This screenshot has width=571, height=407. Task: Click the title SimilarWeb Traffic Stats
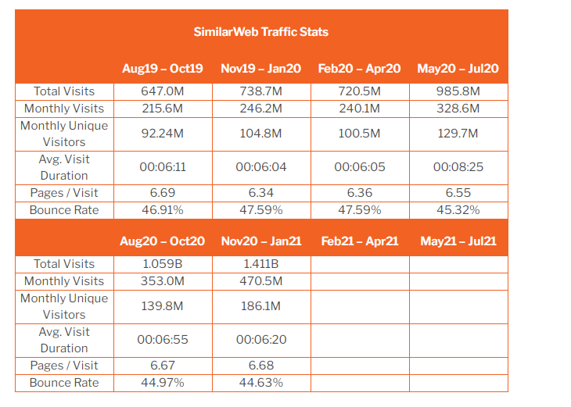tap(260, 32)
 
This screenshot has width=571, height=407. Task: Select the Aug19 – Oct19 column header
tap(162, 69)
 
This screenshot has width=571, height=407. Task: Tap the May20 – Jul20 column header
tap(458, 69)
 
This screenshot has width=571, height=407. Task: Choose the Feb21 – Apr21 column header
tap(360, 241)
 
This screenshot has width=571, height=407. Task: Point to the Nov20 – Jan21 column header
tap(261, 241)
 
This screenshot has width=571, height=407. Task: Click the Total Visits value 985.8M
tap(458, 91)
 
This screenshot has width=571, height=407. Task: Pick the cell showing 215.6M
tap(162, 109)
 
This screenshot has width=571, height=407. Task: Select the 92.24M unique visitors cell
tap(162, 134)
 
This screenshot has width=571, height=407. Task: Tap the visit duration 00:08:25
tap(458, 167)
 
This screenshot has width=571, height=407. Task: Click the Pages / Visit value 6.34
tap(261, 193)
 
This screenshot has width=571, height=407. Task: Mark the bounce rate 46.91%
tap(162, 210)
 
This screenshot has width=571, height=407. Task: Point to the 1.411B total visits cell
tap(261, 264)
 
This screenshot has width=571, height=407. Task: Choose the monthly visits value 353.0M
tap(162, 281)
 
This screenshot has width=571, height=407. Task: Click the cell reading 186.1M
tap(261, 306)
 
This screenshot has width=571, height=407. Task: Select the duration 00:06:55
tap(162, 340)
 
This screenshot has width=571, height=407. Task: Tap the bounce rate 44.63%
tap(261, 383)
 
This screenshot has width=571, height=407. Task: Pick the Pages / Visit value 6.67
tap(162, 366)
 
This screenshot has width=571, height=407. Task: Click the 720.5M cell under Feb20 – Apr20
tap(360, 91)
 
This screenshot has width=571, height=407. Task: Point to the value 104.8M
tap(261, 134)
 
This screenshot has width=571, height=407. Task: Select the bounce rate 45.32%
tap(458, 210)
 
